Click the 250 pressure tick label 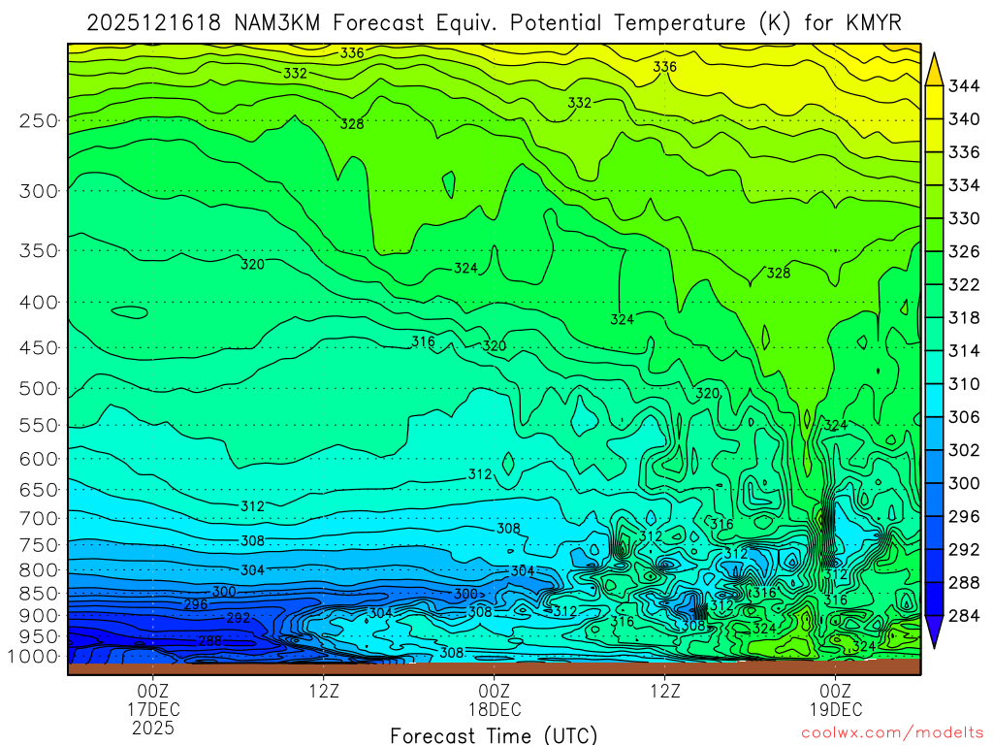point(38,121)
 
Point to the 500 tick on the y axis point(38,389)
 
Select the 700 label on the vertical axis point(38,518)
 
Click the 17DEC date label point(154,709)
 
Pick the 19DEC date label point(835,709)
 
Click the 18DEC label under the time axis point(495,709)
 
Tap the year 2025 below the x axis point(154,727)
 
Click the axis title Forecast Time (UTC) point(494,734)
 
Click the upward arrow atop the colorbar point(935,68)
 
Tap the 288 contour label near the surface point(209,641)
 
